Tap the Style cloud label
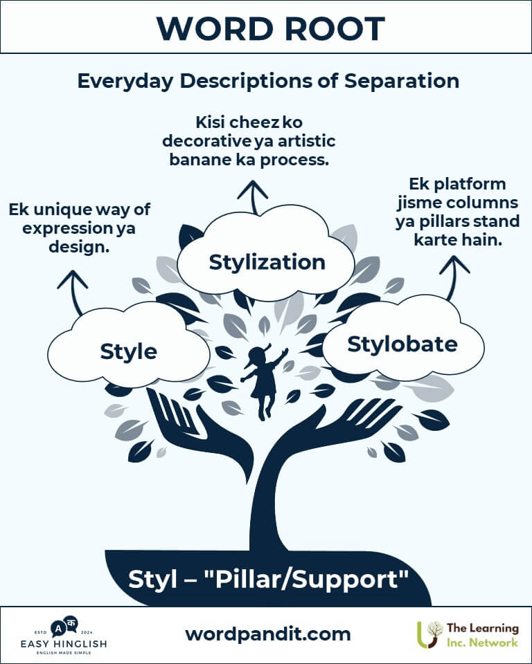point(129,351)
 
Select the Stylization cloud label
point(267,262)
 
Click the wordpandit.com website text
point(268,634)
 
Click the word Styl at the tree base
point(149,579)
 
